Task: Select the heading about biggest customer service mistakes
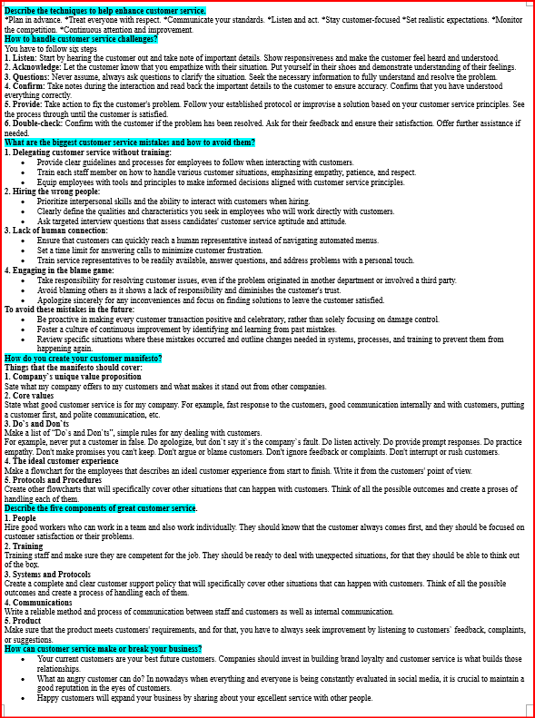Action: [130, 143]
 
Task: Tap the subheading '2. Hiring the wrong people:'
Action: [53, 191]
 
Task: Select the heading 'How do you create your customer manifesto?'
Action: [84, 359]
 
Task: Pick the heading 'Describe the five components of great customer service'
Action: [101, 507]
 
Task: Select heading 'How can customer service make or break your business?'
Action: [104, 649]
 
